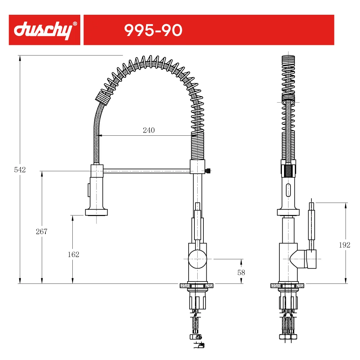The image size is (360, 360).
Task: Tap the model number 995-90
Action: (153, 30)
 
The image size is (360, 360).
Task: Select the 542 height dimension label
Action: (20, 170)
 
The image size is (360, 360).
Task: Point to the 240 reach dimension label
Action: (149, 130)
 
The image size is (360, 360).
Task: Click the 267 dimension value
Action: (41, 231)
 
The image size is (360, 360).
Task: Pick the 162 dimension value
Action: (73, 255)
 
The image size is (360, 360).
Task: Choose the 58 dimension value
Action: (241, 273)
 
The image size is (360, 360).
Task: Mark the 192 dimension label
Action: (345, 245)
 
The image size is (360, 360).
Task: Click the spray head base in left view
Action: (96, 212)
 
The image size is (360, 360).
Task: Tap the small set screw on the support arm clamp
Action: (208, 171)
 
